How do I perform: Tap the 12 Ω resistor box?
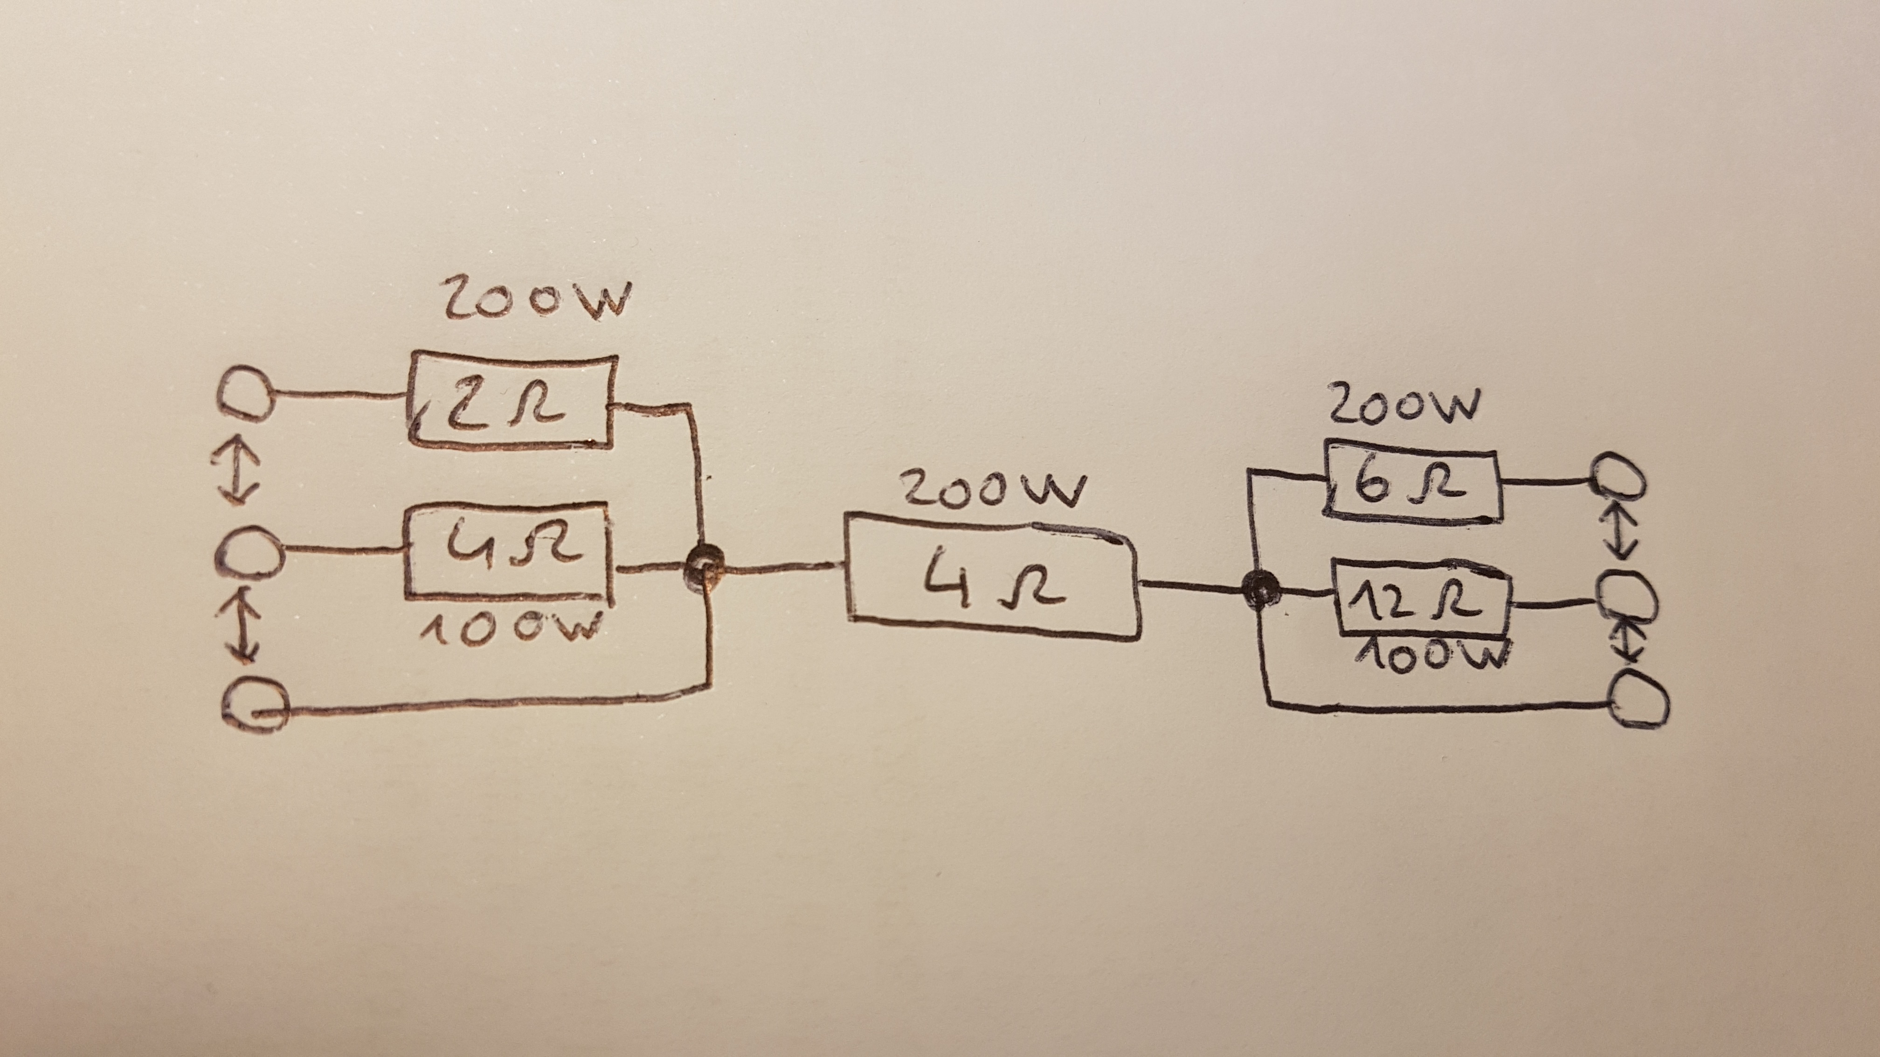point(1422,600)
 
